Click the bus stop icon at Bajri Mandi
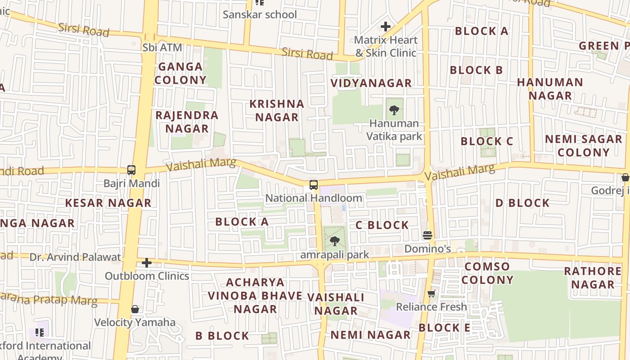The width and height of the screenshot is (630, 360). tap(131, 170)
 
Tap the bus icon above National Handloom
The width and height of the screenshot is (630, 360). tap(314, 185)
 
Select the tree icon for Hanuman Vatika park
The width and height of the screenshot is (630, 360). tap(394, 110)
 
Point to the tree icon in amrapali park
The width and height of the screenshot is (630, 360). tap(334, 241)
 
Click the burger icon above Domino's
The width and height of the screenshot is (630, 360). tap(427, 235)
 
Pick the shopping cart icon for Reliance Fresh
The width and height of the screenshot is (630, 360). tap(432, 294)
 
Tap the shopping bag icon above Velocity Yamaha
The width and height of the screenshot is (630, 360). tap(135, 309)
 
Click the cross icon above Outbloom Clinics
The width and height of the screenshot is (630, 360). tap(147, 263)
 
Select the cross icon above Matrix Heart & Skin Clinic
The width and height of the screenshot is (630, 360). tap(386, 27)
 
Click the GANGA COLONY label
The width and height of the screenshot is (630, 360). tap(180, 73)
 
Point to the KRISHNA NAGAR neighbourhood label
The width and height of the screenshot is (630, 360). tap(277, 110)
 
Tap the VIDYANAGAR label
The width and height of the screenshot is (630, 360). tap(371, 83)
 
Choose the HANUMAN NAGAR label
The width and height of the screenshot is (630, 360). tap(550, 89)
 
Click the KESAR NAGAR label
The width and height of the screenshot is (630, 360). tap(108, 203)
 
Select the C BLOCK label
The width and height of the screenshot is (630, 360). tap(382, 225)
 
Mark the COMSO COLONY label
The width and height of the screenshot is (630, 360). tap(487, 273)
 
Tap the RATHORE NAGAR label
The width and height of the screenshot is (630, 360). tap(593, 278)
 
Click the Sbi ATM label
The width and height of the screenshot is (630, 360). tap(162, 47)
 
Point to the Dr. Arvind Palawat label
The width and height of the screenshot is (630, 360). tap(75, 257)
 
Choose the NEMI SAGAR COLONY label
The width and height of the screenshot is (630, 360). tap(583, 146)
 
